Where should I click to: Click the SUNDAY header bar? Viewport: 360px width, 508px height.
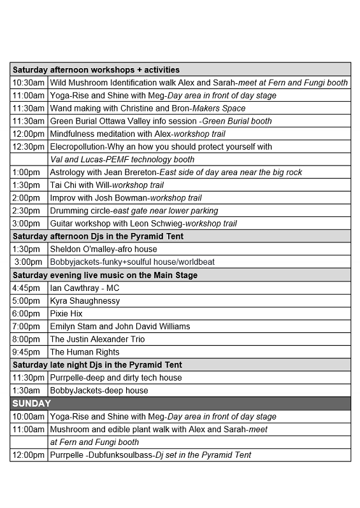coord(180,404)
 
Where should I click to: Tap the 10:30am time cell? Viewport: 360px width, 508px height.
coord(29,83)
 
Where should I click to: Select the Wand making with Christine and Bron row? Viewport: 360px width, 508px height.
coord(148,108)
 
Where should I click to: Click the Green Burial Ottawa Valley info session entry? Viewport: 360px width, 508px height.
coord(161,121)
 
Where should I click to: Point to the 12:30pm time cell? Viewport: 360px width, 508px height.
coord(29,146)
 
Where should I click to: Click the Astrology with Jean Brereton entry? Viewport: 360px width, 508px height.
coord(176,172)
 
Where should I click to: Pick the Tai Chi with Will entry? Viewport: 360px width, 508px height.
coord(107,185)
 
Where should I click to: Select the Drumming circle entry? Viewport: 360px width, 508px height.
coord(134,211)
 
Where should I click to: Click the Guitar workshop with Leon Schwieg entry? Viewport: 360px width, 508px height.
coord(143,223)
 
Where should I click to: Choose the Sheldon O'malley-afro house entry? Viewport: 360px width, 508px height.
coord(103,249)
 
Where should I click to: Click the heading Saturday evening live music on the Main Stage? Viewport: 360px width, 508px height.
coord(105,275)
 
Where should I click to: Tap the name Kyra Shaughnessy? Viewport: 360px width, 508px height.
coord(85,300)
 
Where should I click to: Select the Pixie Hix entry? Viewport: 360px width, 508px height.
coord(66,313)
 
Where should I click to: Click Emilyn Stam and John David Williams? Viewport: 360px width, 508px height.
coord(120,326)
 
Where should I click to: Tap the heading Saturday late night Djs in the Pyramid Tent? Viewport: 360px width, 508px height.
coord(97,365)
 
